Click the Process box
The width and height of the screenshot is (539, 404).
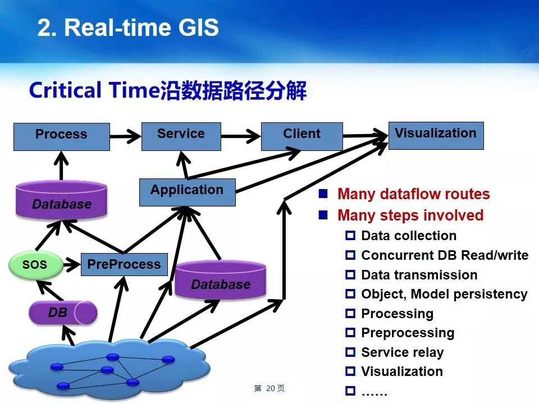[x=61, y=136]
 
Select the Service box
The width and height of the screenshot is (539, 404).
[x=181, y=136]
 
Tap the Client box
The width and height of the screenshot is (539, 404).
[x=302, y=136]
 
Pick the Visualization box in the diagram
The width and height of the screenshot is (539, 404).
[x=436, y=135]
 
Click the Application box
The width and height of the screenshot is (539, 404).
[x=187, y=192]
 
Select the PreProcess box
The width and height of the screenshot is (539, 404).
[x=124, y=264]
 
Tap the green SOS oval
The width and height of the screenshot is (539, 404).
[x=35, y=265]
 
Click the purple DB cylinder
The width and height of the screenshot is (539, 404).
[x=62, y=313]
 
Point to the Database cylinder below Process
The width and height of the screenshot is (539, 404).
[x=62, y=200]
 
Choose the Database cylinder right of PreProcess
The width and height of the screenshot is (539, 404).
[x=220, y=281]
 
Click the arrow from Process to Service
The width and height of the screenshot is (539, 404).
[x=125, y=136]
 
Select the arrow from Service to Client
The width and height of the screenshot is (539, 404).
[x=241, y=136]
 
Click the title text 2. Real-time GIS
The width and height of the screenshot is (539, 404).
[x=128, y=27]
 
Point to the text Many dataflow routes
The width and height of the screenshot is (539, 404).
[x=414, y=195]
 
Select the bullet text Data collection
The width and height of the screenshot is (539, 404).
[x=409, y=236]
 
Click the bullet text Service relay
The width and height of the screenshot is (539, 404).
[x=402, y=352]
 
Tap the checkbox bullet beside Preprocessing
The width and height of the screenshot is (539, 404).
[x=350, y=333]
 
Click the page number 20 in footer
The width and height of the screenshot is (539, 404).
[x=271, y=388]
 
